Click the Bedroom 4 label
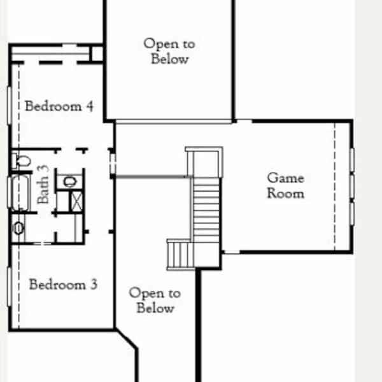[x=59, y=106]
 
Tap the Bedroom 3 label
[x=63, y=284]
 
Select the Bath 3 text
[x=43, y=184]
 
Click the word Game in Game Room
[x=285, y=178]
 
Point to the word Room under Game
[x=285, y=194]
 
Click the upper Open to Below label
[x=169, y=51]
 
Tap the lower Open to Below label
[x=155, y=300]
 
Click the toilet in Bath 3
[x=22, y=161]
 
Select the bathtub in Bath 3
[x=20, y=192]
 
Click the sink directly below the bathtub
[x=18, y=229]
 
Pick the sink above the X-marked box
[x=70, y=181]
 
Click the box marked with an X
[x=77, y=201]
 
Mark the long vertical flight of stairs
[x=206, y=210]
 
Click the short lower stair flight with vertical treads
[x=181, y=255]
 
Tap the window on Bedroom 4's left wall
[x=10, y=106]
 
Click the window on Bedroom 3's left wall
[x=10, y=286]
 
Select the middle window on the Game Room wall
[x=352, y=186]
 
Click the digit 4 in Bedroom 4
[x=90, y=106]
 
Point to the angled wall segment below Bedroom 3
[x=126, y=339]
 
